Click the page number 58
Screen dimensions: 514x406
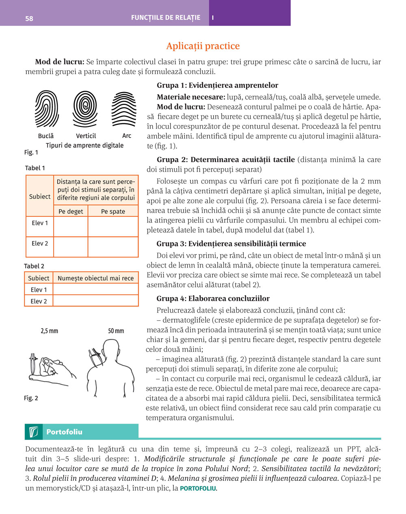click(x=29, y=18)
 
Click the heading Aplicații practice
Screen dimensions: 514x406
click(x=203, y=46)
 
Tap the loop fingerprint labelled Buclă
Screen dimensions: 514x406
click(x=46, y=109)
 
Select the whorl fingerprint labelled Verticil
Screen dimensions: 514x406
click(x=85, y=109)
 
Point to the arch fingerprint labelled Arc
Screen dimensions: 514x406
click(x=123, y=109)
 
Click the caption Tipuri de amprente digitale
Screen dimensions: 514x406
click(x=84, y=145)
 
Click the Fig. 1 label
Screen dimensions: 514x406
click(x=31, y=152)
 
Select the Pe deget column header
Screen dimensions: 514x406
click(x=71, y=211)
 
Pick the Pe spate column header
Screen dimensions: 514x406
click(x=113, y=211)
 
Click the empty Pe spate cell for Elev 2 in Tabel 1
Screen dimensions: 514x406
click(x=113, y=247)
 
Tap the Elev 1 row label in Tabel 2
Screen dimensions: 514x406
click(x=39, y=289)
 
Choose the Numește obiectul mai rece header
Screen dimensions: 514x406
click(x=95, y=278)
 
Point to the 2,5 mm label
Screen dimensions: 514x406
click(x=50, y=331)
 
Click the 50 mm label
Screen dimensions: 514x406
click(x=116, y=331)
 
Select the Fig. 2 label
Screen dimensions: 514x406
click(x=31, y=398)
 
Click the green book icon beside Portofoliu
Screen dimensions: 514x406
click(x=33, y=432)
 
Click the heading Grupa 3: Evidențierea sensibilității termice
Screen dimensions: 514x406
click(x=231, y=244)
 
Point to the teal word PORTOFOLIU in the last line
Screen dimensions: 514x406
click(x=198, y=488)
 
